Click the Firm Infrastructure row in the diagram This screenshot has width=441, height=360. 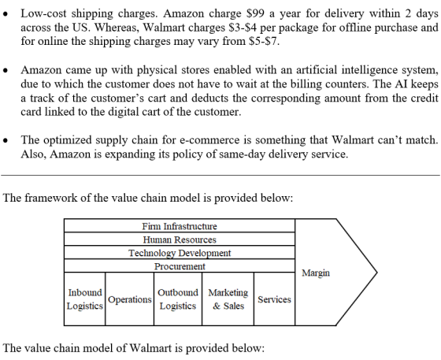180,225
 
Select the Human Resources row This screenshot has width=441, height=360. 180,239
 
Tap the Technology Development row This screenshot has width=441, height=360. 180,253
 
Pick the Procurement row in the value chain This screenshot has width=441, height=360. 180,265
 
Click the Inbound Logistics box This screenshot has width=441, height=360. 85,299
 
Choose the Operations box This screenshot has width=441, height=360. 130,299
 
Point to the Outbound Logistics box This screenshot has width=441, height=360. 178,299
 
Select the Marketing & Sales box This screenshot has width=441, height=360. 228,299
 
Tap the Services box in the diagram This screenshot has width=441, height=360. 275,299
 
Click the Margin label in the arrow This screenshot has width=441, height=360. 316,273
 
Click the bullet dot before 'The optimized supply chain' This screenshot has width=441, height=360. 6,140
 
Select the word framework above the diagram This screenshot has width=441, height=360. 51,198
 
